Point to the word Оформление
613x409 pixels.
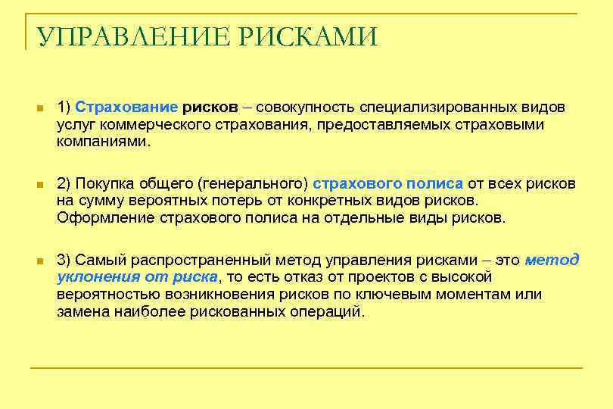(x=106, y=217)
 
